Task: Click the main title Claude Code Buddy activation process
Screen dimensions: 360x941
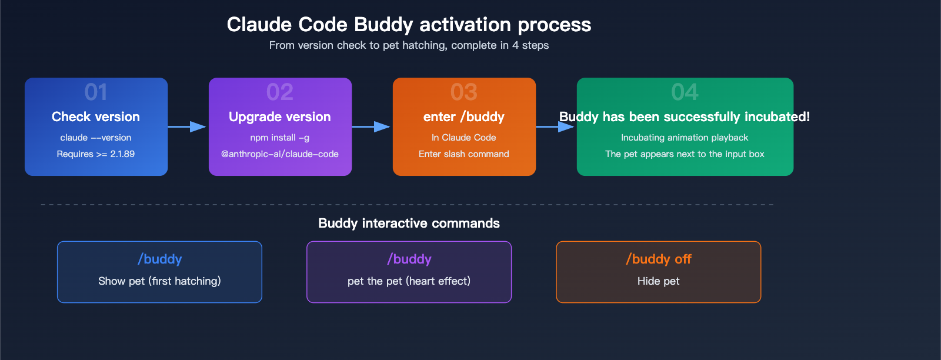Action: click(x=409, y=25)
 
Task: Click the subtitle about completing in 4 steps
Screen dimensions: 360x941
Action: click(x=409, y=45)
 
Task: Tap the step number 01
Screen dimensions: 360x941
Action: click(x=96, y=92)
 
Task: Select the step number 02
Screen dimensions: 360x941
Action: click(x=280, y=92)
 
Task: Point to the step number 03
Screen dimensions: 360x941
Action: click(x=464, y=92)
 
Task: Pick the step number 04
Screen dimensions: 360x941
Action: click(x=685, y=92)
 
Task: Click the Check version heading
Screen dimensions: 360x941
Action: click(x=96, y=116)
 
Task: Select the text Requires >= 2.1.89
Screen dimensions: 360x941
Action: click(x=96, y=154)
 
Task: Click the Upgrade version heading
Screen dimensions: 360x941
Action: click(x=280, y=116)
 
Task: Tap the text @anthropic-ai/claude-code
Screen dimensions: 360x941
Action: click(x=280, y=154)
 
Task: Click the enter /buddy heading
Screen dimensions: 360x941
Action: click(x=464, y=116)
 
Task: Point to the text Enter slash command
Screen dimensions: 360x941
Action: click(x=464, y=154)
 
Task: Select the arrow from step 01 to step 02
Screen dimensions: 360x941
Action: click(x=188, y=126)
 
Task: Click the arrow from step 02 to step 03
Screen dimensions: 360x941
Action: click(x=372, y=126)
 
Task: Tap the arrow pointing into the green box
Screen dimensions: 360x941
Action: click(x=556, y=126)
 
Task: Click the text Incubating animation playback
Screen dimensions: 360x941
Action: click(x=685, y=138)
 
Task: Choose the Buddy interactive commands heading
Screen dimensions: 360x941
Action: click(x=409, y=224)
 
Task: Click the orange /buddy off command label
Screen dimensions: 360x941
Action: click(x=659, y=259)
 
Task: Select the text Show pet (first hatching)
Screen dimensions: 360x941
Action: click(x=159, y=281)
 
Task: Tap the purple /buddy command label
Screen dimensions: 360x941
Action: click(x=409, y=259)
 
